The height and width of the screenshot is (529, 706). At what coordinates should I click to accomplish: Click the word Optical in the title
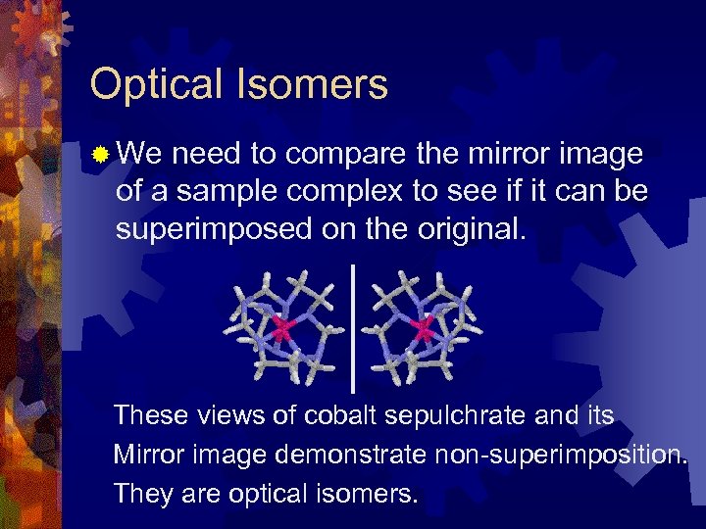click(x=158, y=85)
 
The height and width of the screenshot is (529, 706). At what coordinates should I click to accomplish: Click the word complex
click(x=332, y=191)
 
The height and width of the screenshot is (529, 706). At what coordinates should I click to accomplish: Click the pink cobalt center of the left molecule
click(x=283, y=328)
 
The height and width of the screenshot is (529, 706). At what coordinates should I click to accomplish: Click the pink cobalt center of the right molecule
click(x=424, y=328)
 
